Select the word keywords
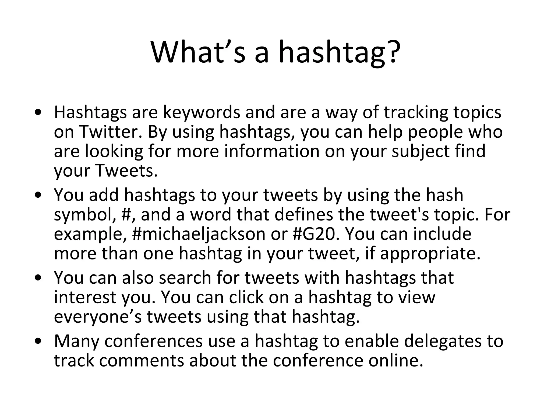pos(202,112)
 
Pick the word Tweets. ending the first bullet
pos(126,171)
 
